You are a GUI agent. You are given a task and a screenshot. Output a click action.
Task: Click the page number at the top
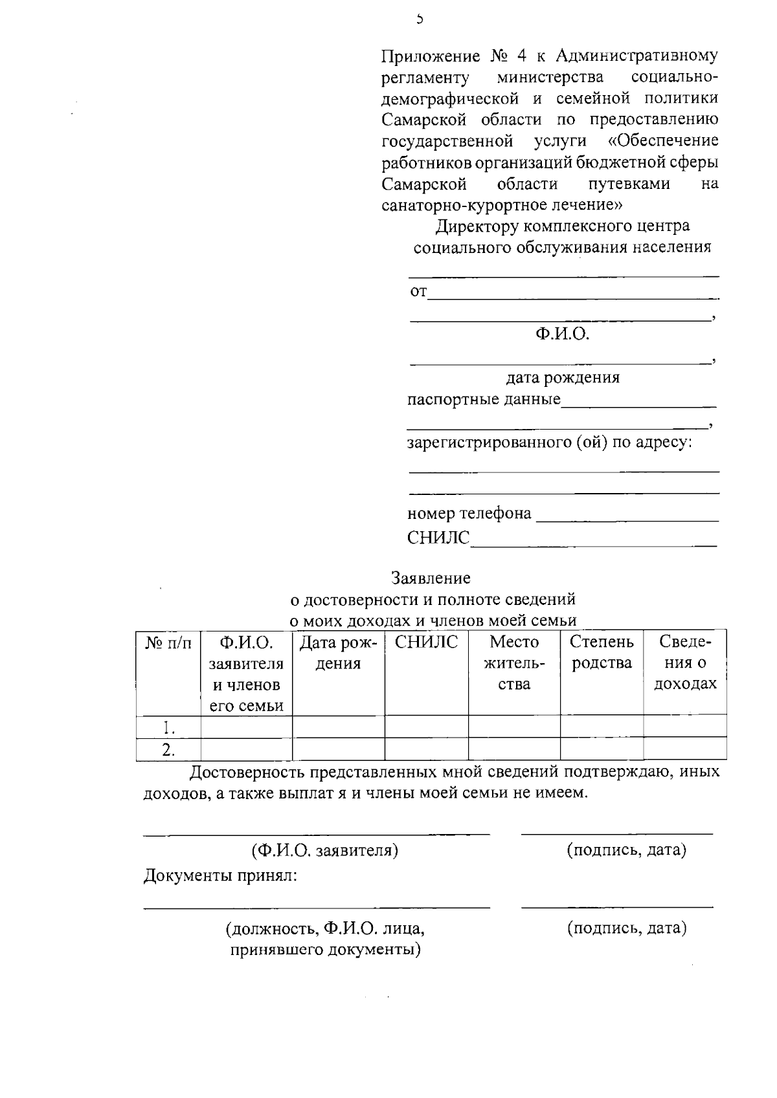420,19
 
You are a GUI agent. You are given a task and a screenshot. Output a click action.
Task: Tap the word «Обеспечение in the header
664,141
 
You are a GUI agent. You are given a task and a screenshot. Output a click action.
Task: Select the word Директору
477,226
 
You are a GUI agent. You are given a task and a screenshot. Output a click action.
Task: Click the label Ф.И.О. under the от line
562,335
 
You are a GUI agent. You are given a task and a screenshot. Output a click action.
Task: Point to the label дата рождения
562,377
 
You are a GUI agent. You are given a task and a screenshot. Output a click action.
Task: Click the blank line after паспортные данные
638,404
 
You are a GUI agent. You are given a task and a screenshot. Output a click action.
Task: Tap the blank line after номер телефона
628,519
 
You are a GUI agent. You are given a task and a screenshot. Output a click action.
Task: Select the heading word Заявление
431,578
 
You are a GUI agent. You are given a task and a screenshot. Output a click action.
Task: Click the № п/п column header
168,643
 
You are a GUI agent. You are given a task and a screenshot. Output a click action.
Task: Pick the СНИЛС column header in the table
426,642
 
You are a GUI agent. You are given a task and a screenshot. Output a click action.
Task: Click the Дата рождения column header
338,653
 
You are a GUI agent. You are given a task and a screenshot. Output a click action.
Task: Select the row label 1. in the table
168,727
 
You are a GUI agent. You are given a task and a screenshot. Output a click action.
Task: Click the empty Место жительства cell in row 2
514,749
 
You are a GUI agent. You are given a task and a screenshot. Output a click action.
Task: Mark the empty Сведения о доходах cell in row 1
684,727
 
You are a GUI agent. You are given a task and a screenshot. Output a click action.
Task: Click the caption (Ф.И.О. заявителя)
325,850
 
